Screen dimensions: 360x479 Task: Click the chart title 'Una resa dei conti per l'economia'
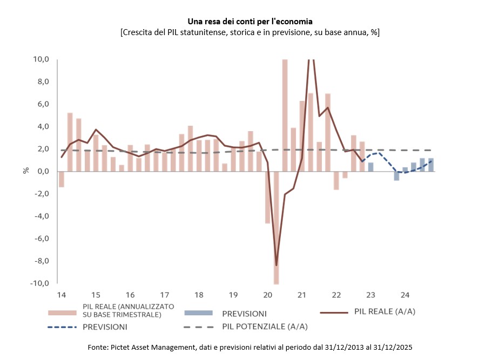point(250,22)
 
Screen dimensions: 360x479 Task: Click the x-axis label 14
point(61,295)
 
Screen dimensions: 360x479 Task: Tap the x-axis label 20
point(267,295)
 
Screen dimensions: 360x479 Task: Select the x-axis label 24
point(405,295)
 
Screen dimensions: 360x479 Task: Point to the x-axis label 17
point(164,295)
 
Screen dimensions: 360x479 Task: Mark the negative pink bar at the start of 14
point(61,179)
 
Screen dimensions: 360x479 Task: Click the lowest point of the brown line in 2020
point(276,265)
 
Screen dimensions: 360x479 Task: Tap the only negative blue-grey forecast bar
point(396,176)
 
